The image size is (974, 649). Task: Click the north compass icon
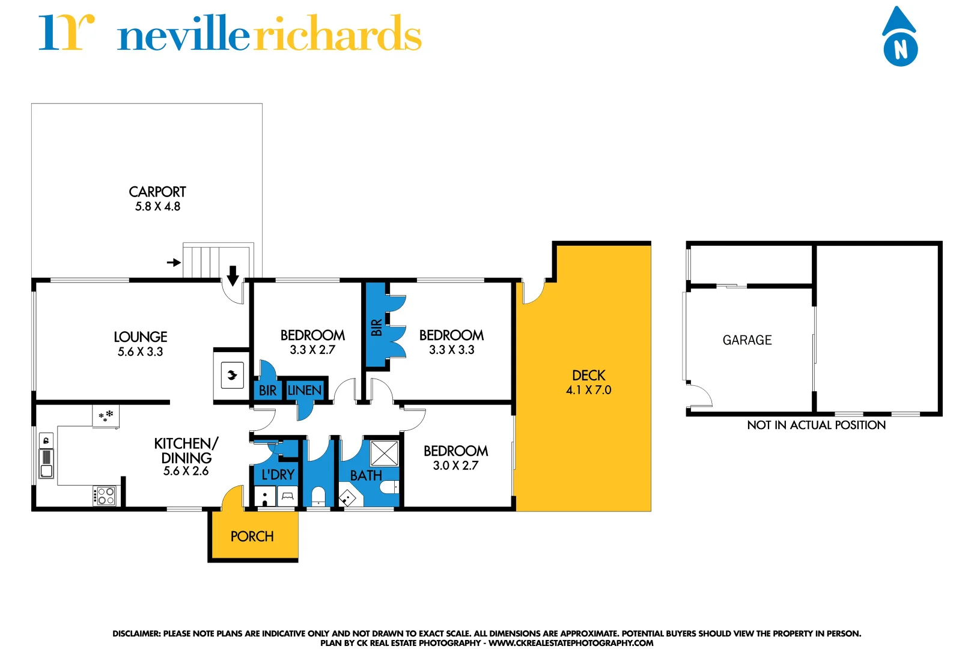pos(899,39)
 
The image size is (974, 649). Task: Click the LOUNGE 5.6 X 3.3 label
pos(141,344)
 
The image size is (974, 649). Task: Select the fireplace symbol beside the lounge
pos(233,376)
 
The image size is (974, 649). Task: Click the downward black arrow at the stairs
pos(233,275)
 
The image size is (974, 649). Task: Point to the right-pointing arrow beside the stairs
pos(174,263)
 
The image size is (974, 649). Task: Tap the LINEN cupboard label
pos(305,391)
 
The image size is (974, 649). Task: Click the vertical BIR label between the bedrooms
pos(377,328)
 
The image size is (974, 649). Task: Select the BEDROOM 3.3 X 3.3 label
pos(451,342)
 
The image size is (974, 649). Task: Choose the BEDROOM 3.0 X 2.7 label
pos(455,457)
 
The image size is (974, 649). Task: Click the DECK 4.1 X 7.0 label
pos(588,382)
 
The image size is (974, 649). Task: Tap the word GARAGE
pos(747,340)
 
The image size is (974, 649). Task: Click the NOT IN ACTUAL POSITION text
pos(816,425)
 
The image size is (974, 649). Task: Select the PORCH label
pos(252,537)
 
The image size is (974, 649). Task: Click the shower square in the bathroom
pos(385,454)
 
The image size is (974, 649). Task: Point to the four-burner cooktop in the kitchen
pos(106,496)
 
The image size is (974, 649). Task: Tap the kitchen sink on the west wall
pos(46,463)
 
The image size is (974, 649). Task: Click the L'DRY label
pos(278,475)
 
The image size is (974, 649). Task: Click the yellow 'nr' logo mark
pos(66,33)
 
